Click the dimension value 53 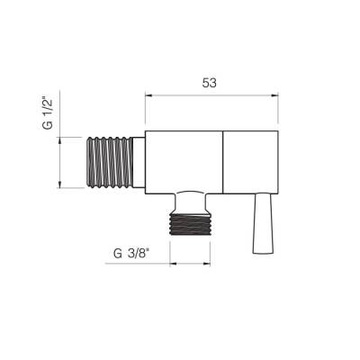209,83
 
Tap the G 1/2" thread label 48,112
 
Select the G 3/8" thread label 131,254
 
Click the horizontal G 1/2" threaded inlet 110,163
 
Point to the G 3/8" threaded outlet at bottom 190,224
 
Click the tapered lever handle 263,224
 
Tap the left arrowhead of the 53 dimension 148,95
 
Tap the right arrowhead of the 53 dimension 274,95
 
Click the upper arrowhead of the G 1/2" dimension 60,140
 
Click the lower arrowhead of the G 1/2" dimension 60,184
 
